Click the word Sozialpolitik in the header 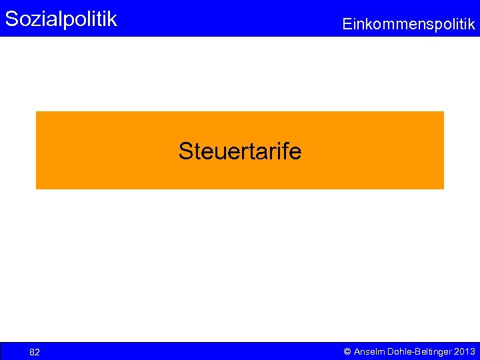[x=61, y=19]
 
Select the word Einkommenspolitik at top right [x=409, y=25]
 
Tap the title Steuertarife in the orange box [x=239, y=151]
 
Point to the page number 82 [x=35, y=352]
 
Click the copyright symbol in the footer [x=347, y=351]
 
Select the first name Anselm [x=369, y=351]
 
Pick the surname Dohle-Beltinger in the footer [x=417, y=351]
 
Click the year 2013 [x=464, y=351]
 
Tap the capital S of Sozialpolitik [x=11, y=19]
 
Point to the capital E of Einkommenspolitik [x=347, y=25]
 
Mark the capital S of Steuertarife [x=185, y=151]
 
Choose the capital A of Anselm [x=357, y=351]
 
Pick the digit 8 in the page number [x=32, y=352]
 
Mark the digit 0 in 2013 [x=461, y=351]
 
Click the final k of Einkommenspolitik [x=471, y=25]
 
